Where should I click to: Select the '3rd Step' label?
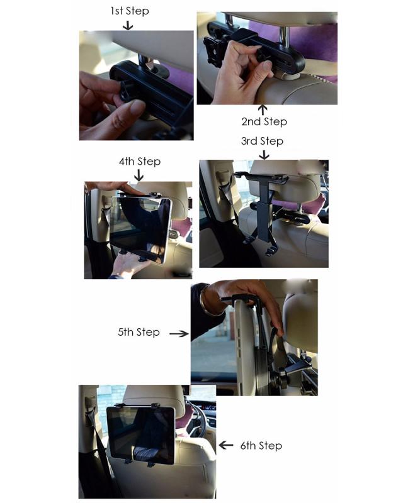pyautogui.click(x=262, y=141)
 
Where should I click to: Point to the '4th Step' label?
pyautogui.click(x=139, y=162)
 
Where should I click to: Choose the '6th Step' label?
pyautogui.click(x=261, y=445)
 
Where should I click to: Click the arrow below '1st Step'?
pyautogui.click(x=128, y=25)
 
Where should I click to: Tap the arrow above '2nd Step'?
pyautogui.click(x=263, y=109)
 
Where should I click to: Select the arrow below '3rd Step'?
pyautogui.click(x=264, y=154)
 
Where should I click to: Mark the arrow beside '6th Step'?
pyautogui.click(x=226, y=445)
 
